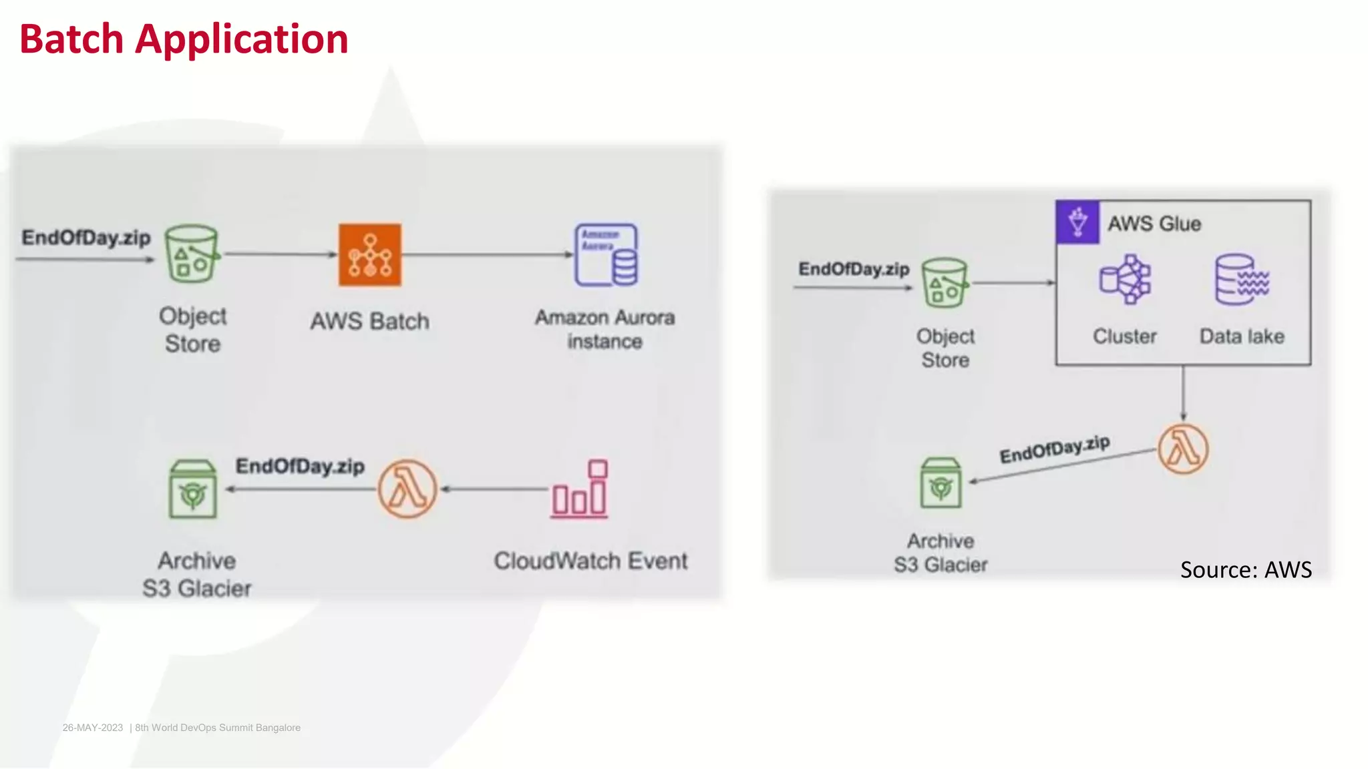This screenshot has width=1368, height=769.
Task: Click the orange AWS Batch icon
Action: [369, 254]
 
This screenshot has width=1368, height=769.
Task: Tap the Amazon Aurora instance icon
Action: [606, 255]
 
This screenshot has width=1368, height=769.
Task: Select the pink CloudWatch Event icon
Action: [580, 489]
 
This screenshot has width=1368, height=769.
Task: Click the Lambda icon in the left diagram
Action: [407, 489]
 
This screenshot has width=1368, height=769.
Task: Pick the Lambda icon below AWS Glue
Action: [1182, 449]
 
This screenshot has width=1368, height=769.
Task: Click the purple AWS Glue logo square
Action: [1077, 222]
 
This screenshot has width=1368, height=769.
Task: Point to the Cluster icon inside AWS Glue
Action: [1125, 279]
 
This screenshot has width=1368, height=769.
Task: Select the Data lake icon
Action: [1242, 279]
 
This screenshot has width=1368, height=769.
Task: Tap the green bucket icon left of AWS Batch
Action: [192, 254]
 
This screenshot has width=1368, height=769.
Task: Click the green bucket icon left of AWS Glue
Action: [945, 282]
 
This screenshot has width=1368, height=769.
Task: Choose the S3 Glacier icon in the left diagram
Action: [192, 489]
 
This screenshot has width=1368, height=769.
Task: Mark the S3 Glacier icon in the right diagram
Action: [940, 483]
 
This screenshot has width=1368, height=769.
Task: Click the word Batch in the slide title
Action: [71, 39]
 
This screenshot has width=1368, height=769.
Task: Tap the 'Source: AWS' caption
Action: [1246, 569]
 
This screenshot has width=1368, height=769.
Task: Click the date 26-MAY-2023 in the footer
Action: [93, 728]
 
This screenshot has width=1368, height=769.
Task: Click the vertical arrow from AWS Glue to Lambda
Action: [1183, 393]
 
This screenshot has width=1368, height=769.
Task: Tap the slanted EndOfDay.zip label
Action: [1055, 449]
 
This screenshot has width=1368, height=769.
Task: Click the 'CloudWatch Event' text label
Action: [590, 561]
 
